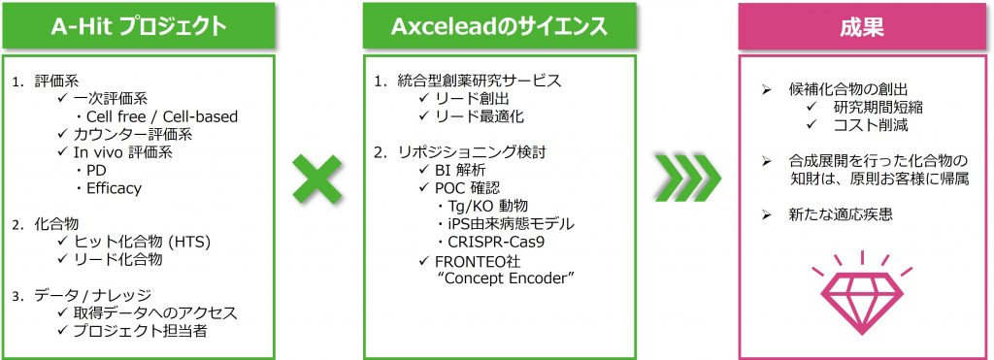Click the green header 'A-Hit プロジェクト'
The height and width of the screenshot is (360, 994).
coord(138,26)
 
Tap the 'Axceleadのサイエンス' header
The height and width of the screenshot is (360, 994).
coord(499,26)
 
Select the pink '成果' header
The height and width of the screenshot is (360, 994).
coord(862,26)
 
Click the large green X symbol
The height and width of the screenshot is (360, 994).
coord(317,180)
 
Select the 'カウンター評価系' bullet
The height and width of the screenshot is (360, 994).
coord(133,134)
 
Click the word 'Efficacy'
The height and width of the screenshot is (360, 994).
coord(115,188)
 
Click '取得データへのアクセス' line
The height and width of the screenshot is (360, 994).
coord(154,313)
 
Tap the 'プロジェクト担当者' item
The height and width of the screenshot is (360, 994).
coord(140,331)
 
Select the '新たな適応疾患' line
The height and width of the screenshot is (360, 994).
coord(838,214)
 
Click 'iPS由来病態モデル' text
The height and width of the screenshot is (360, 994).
coord(511,224)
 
